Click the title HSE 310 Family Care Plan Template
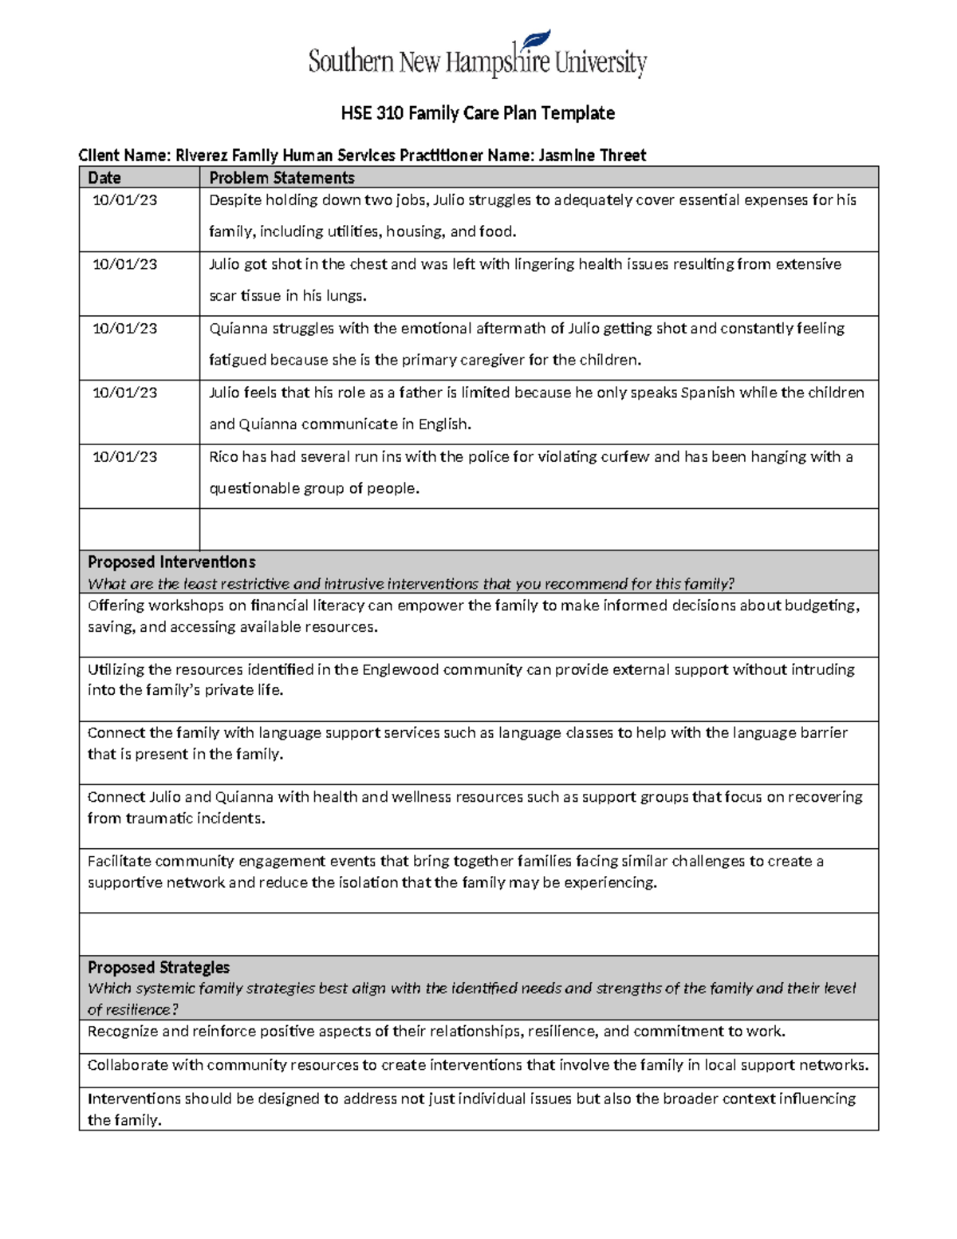click(x=478, y=113)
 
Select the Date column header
click(x=104, y=178)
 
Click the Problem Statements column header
click(x=282, y=178)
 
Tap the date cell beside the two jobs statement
click(x=125, y=200)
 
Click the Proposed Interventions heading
click(x=171, y=562)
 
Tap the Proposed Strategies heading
click(x=159, y=967)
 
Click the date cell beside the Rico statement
click(x=125, y=457)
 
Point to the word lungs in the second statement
click(x=345, y=296)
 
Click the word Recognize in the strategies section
click(x=122, y=1032)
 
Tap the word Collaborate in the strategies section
click(x=126, y=1065)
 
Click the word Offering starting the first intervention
click(x=115, y=606)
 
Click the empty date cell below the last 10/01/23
click(x=139, y=529)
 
